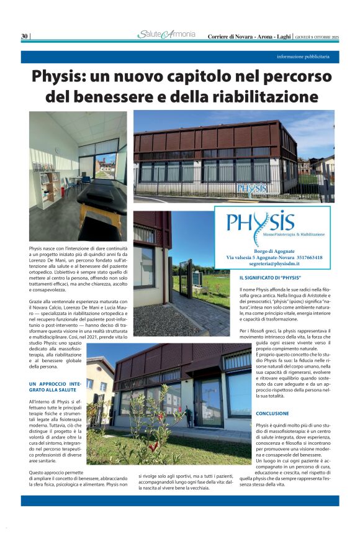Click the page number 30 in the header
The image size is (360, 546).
[x=24, y=36]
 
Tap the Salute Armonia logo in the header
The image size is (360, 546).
[x=166, y=35]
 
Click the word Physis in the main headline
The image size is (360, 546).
[x=60, y=78]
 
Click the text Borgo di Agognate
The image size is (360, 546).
[x=274, y=250]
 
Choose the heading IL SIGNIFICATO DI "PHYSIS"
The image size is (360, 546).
[x=270, y=277]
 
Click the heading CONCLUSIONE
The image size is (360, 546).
[x=272, y=413]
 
